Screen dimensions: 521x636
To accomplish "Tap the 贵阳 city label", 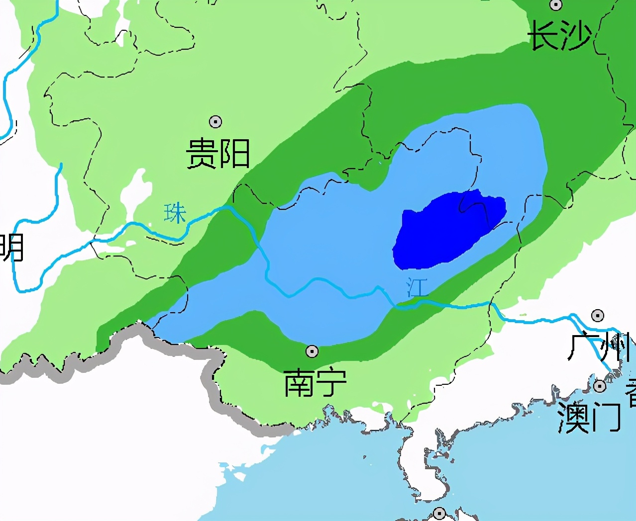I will tap(218, 153).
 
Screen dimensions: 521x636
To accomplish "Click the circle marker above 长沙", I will tap(556, 5).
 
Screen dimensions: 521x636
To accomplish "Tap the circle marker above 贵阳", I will tap(215, 122).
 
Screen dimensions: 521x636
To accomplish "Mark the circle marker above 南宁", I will tap(312, 351).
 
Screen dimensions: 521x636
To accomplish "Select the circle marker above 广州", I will tap(598, 315).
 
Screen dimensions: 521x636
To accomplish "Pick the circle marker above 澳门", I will tap(600, 386).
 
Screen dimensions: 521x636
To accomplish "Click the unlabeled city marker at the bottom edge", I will tap(439, 513).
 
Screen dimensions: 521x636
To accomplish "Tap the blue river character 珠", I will tap(175, 213).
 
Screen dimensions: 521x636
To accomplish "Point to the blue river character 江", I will tap(417, 287).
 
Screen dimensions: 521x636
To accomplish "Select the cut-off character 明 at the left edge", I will tap(11, 247).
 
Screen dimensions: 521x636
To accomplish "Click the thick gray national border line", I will tap(209, 378).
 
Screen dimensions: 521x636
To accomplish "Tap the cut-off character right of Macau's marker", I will tap(631, 393).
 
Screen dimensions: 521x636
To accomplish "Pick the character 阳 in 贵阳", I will tap(234, 153).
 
